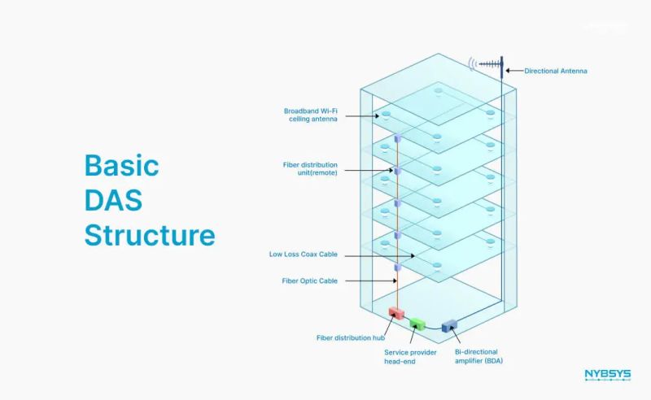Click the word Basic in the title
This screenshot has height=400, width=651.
click(122, 166)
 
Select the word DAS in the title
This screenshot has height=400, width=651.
click(116, 200)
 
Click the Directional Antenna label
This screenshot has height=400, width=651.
click(555, 72)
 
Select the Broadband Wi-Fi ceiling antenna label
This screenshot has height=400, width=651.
click(311, 115)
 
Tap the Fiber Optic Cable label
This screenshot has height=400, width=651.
click(309, 281)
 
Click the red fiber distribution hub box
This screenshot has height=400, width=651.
click(396, 313)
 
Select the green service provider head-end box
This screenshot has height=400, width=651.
click(417, 324)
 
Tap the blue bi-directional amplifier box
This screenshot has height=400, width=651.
click(447, 327)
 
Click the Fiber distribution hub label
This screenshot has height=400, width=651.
click(350, 337)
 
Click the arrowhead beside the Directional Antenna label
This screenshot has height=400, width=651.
click(509, 72)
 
